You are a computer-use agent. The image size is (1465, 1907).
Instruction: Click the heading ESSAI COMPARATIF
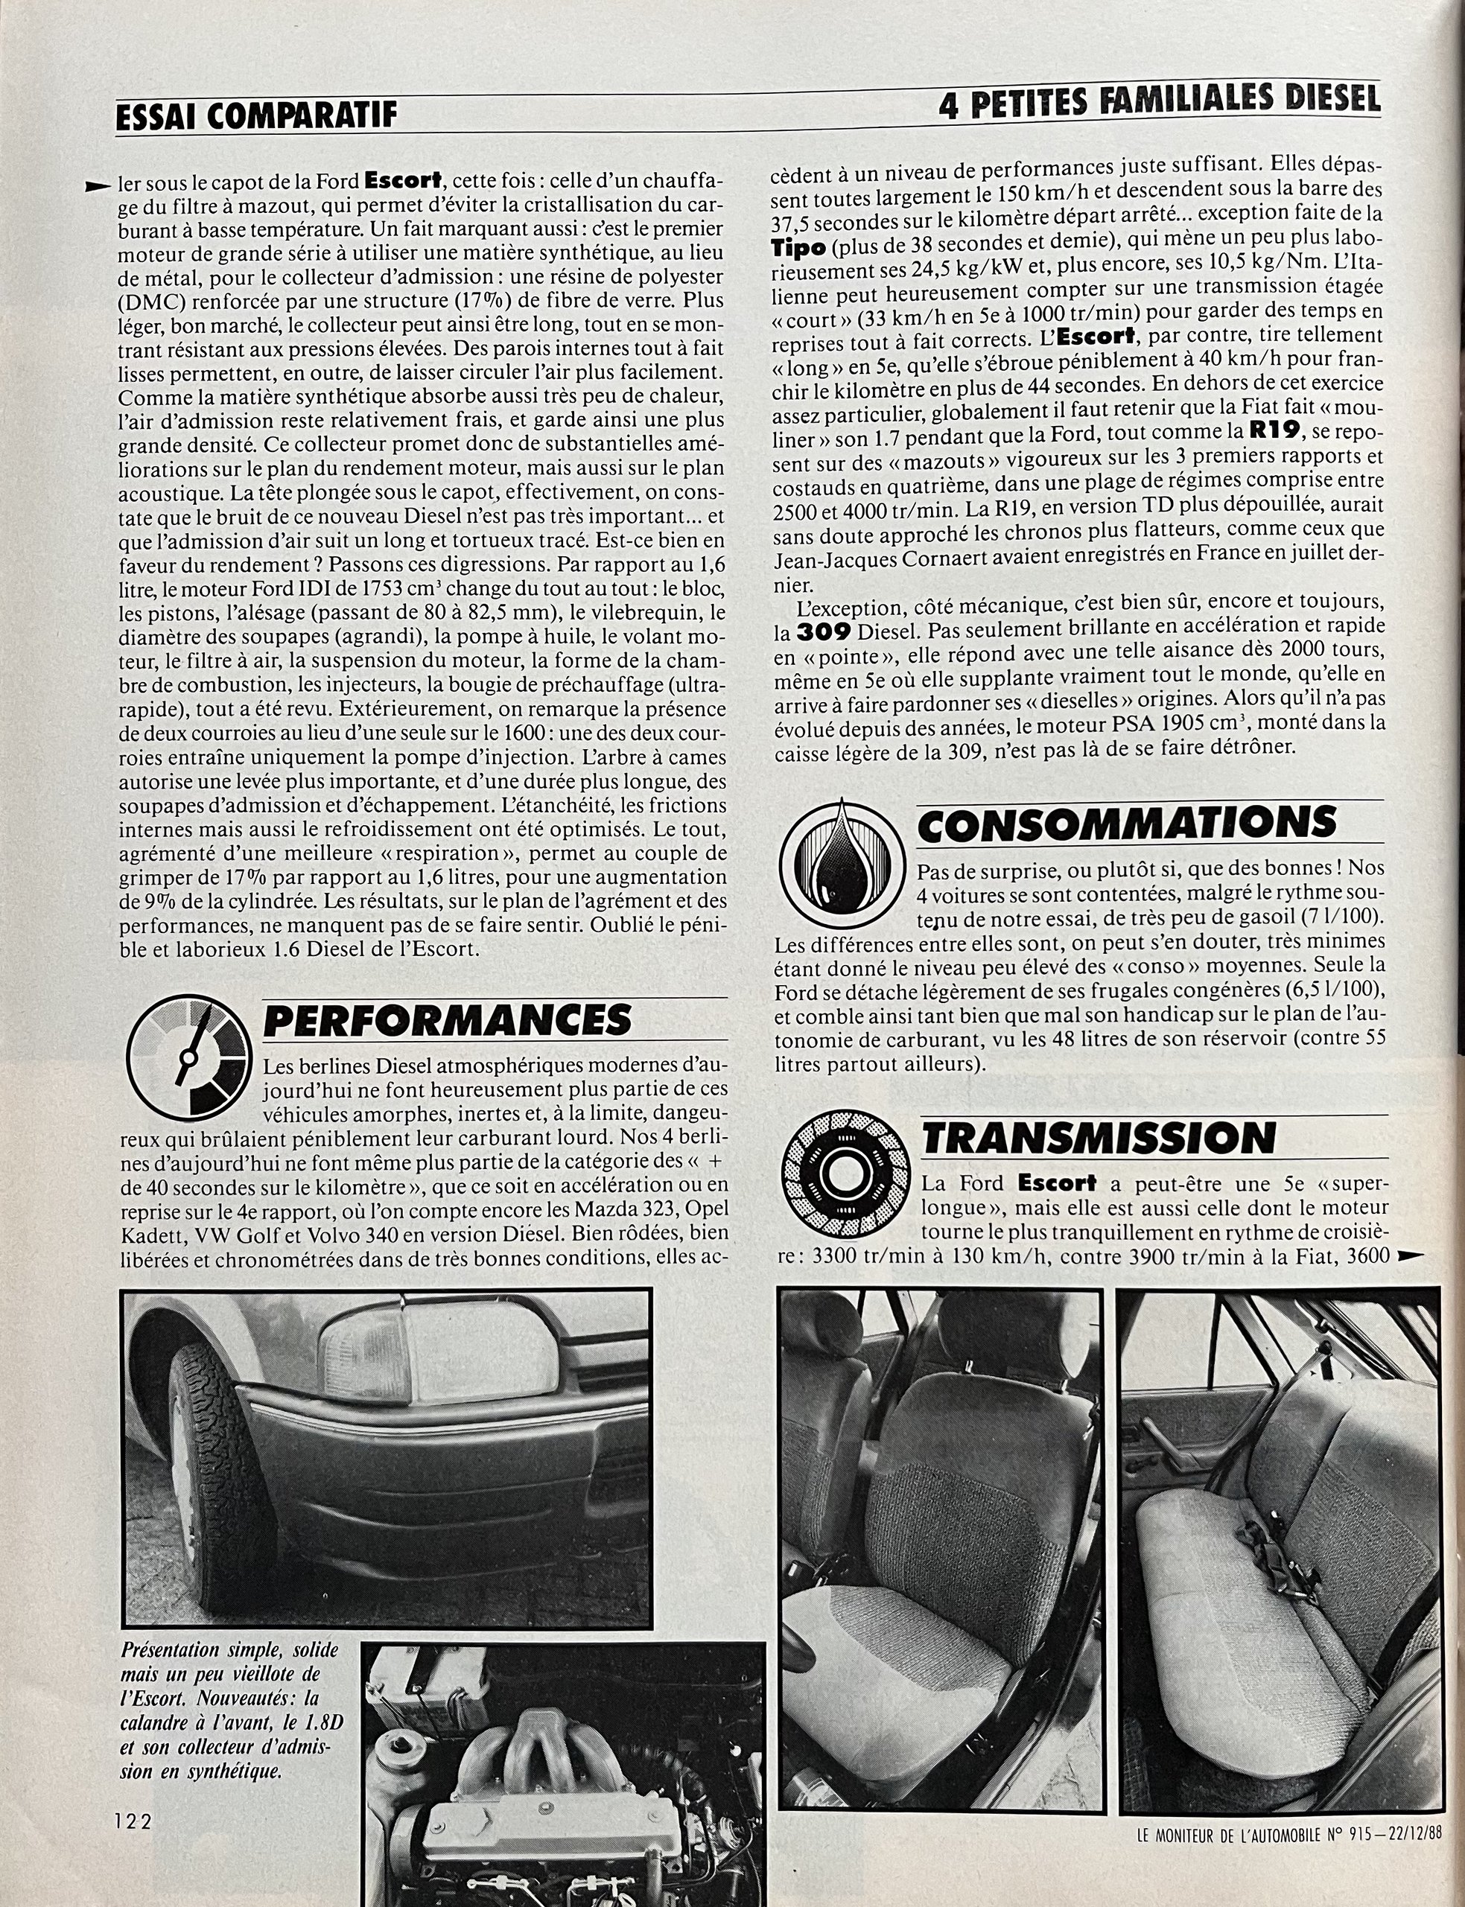[x=256, y=114]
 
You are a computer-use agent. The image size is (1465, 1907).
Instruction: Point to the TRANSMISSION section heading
[x=1099, y=1137]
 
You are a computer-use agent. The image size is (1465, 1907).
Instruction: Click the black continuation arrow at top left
[x=98, y=185]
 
